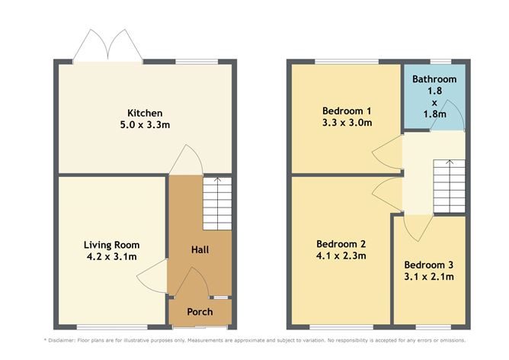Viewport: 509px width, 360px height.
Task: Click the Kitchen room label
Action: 144,114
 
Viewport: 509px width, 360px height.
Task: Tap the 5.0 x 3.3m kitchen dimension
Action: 144,126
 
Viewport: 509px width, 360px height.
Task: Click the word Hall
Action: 200,249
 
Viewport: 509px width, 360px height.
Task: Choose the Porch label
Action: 200,312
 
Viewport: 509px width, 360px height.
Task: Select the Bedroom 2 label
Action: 341,244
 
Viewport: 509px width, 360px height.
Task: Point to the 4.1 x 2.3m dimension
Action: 341,256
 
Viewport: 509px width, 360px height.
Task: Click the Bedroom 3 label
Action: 429,265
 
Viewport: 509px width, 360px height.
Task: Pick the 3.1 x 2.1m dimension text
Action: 429,277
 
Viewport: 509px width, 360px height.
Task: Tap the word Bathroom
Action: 434,79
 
